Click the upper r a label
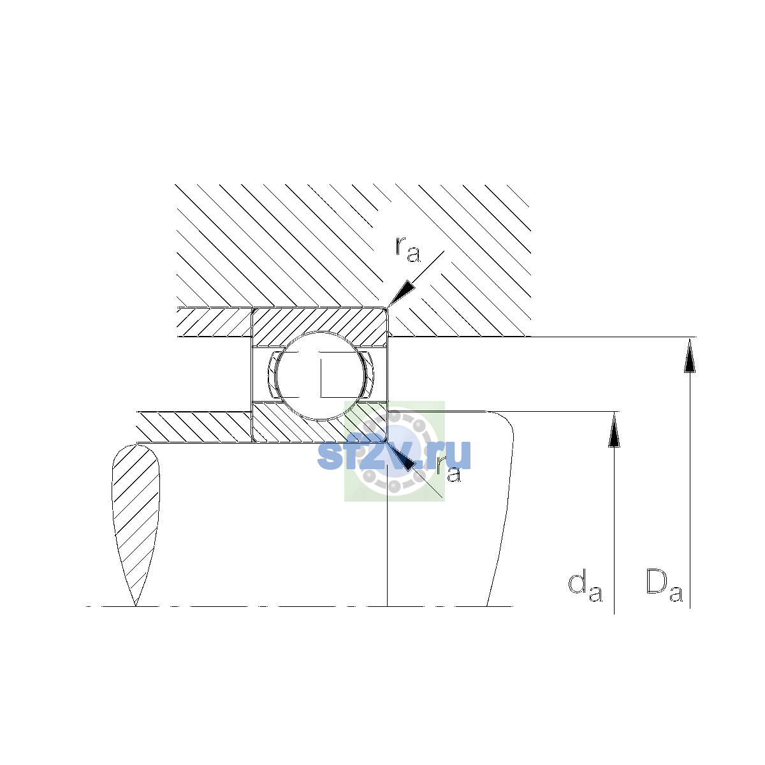408,249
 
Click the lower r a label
448,470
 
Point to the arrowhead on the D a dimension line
690,354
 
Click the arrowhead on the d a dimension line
614,429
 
